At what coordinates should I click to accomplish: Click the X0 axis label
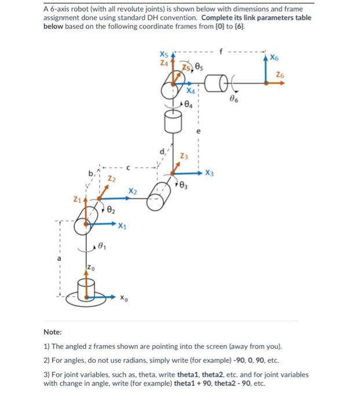click(x=124, y=299)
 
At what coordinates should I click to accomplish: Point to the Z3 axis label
click(x=183, y=157)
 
